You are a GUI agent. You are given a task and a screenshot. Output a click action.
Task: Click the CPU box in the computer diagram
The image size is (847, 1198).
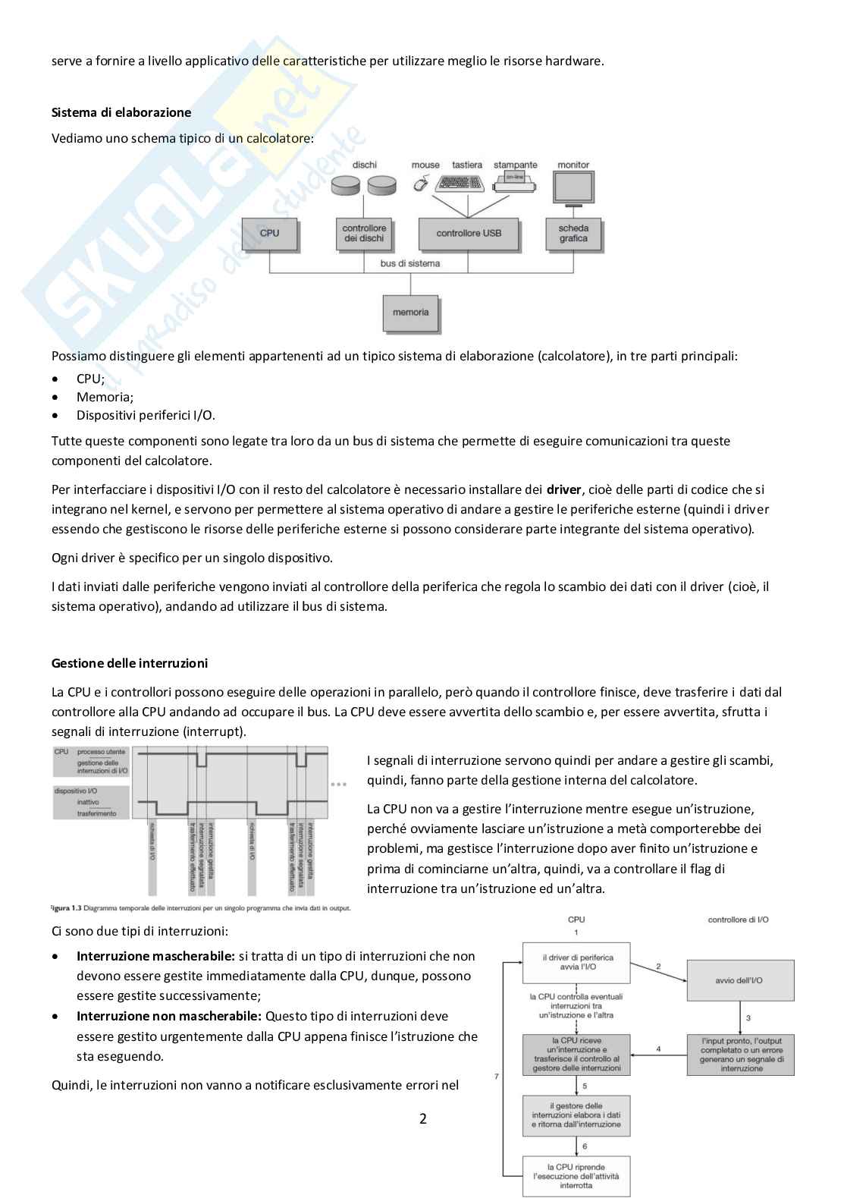click(x=269, y=234)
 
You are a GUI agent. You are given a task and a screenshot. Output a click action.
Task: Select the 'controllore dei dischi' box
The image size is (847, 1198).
click(x=364, y=234)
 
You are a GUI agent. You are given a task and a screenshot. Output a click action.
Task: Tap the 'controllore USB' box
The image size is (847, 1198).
click(x=469, y=234)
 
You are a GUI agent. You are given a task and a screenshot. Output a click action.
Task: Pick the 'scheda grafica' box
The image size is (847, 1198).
click(x=573, y=234)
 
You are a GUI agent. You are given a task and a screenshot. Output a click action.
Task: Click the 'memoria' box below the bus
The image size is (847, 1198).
click(x=411, y=313)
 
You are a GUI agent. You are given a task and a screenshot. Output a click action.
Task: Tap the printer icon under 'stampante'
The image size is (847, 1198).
click(x=516, y=181)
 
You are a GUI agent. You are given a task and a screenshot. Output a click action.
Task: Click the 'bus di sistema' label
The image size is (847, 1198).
click(x=410, y=263)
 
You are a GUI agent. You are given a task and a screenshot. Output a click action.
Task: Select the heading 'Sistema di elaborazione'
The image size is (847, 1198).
click(x=121, y=112)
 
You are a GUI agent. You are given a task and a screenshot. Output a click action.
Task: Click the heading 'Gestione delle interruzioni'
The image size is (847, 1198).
click(x=130, y=663)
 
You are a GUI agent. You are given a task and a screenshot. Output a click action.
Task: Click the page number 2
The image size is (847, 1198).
click(x=423, y=1118)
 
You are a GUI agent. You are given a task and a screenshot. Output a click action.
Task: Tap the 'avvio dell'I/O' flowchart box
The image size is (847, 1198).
click(x=740, y=980)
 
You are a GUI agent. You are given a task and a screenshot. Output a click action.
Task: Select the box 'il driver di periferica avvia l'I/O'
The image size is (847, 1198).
click(x=577, y=963)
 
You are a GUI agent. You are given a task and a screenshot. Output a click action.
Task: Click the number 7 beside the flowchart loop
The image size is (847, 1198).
click(x=497, y=1076)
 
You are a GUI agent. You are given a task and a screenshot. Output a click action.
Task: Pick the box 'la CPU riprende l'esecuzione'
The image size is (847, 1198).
click(x=576, y=1176)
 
